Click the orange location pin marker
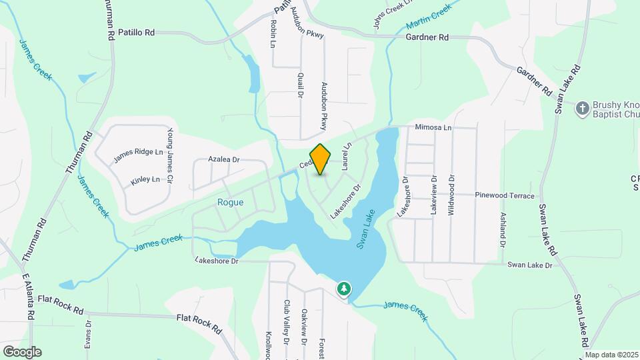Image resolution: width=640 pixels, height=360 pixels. coord(321,159)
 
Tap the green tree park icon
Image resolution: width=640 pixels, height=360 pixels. coord(344,289)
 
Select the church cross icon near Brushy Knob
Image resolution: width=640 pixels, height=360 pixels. coord(582,108)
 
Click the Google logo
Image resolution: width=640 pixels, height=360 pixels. coord(22,352)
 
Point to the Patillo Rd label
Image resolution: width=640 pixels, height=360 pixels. coord(136,32)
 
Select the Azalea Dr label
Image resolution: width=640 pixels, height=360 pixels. coord(223,160)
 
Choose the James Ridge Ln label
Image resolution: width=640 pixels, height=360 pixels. coord(138,155)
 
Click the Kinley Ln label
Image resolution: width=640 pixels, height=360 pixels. coord(145,179)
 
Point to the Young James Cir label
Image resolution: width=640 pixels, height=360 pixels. coord(170,156)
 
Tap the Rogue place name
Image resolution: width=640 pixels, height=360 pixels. coord(230,202)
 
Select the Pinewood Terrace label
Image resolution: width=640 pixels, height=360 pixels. coord(505,196)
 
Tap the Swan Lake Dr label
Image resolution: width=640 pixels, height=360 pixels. coord(530,265)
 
